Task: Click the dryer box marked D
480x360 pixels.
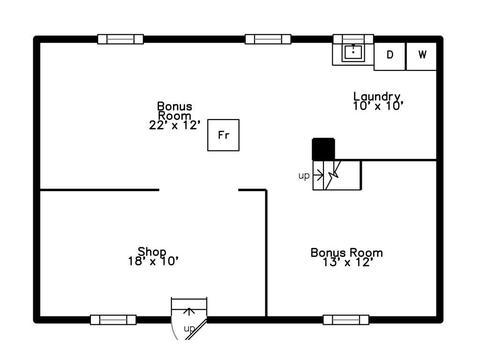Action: [390, 56]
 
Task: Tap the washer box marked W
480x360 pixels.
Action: [421, 56]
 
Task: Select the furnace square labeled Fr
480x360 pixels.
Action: [223, 135]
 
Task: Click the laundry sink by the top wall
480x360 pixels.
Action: [353, 52]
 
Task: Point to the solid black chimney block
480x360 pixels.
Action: [323, 149]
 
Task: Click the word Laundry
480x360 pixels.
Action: [377, 96]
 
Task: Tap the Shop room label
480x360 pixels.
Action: [152, 251]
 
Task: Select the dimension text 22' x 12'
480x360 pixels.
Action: [175, 125]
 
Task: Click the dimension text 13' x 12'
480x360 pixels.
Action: [347, 262]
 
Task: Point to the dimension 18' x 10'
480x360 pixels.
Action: [153, 261]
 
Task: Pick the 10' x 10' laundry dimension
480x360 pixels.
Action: [378, 106]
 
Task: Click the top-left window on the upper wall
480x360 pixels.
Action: [121, 39]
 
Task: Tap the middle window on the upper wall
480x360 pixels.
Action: [268, 39]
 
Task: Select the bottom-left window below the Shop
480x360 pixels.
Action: [113, 320]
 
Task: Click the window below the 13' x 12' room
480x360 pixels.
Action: [346, 320]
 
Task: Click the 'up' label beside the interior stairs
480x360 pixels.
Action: [304, 175]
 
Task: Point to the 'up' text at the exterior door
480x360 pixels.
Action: [189, 329]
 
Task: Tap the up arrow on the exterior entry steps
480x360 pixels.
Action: [189, 312]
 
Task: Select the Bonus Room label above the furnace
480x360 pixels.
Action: [175, 111]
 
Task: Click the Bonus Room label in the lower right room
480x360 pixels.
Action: [347, 253]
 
